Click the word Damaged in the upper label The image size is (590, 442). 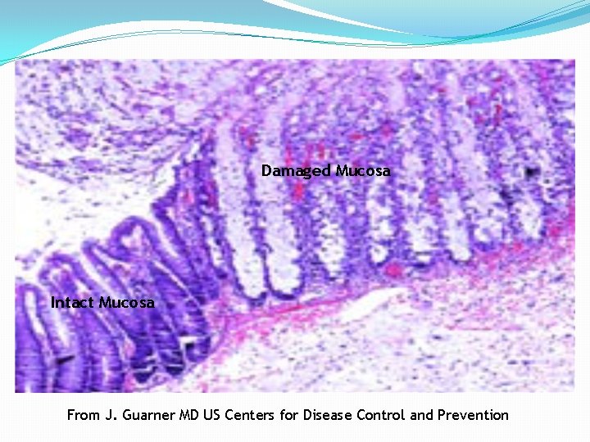(x=296, y=171)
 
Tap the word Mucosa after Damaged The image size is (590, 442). (x=363, y=171)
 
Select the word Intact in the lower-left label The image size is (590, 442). (x=73, y=303)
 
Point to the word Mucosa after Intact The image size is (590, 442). (x=126, y=303)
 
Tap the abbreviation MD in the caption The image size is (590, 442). (x=189, y=415)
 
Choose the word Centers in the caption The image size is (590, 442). (x=251, y=415)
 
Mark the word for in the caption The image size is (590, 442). (x=289, y=415)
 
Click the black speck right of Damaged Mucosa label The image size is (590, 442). (x=533, y=172)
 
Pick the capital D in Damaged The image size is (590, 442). (x=266, y=171)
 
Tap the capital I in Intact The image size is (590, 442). (x=53, y=303)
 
